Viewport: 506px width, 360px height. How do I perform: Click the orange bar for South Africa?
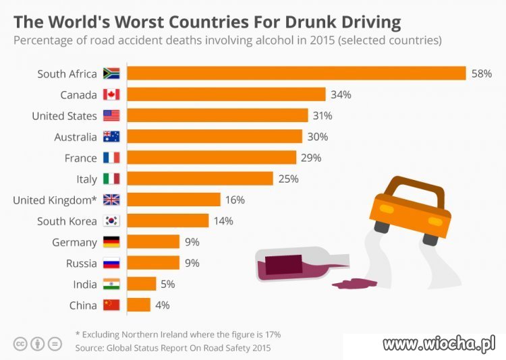(297, 73)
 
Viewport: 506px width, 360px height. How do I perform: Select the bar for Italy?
(200, 179)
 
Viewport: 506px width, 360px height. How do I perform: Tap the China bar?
(139, 305)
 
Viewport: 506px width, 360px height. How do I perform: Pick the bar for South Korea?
(168, 220)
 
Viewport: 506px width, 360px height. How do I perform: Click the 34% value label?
(341, 94)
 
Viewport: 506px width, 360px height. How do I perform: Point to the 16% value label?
(235, 200)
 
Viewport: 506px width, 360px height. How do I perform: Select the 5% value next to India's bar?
(168, 284)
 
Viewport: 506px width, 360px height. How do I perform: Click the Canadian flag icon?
(111, 94)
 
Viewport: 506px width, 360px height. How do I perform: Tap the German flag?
(111, 242)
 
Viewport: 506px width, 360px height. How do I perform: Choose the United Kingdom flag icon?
(111, 200)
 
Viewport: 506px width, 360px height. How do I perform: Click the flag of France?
(111, 158)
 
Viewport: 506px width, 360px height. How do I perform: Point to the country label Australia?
(76, 137)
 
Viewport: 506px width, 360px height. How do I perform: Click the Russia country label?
(82, 263)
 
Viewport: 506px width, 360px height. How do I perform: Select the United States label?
(64, 116)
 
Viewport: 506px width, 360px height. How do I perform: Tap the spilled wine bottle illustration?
(302, 264)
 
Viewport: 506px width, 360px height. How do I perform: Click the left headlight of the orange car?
(387, 209)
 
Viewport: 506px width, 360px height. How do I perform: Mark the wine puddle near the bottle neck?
(354, 284)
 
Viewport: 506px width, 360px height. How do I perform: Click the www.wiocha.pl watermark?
(439, 344)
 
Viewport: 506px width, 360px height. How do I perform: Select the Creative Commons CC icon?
(20, 344)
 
